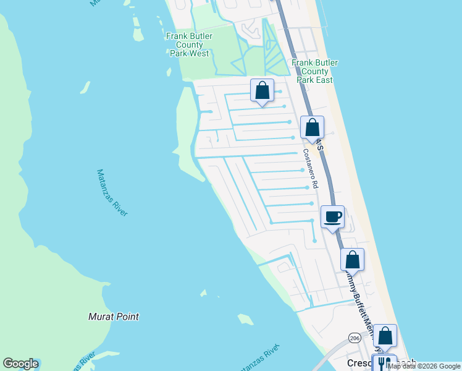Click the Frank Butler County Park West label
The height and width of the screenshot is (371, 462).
tap(189, 45)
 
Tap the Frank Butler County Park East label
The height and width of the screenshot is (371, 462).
tap(314, 71)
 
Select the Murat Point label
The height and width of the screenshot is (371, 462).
tap(113, 317)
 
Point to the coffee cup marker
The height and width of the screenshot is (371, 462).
tap(332, 217)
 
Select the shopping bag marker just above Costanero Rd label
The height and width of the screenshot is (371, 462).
tap(312, 128)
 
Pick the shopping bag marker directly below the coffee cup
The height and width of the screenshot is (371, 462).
tap(352, 259)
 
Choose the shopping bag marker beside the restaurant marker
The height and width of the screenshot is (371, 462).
tap(385, 336)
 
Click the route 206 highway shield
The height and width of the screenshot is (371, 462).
tap(355, 338)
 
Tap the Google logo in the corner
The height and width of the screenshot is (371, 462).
tap(20, 364)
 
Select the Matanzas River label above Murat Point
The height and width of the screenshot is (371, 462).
tap(112, 193)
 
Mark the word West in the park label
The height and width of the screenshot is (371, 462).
tap(198, 54)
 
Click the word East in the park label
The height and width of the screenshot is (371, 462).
tap(323, 80)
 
